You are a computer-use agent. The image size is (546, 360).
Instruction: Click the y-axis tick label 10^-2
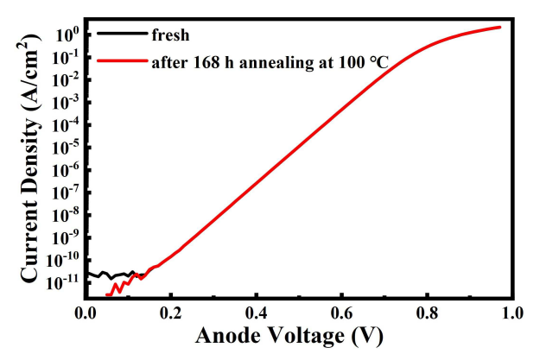coord(65,79)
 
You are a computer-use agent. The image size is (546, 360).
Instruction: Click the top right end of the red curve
coord(500,27)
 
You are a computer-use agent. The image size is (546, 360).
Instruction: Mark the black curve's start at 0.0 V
coord(86,274)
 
